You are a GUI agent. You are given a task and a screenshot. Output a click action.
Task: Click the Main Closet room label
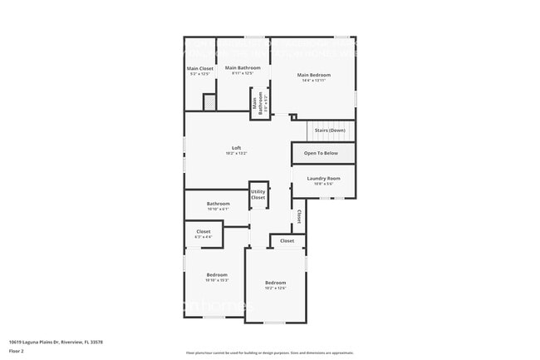(199, 68)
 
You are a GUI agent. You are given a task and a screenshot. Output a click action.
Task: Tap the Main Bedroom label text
(324, 74)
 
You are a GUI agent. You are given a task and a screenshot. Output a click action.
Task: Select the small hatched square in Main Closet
(210, 102)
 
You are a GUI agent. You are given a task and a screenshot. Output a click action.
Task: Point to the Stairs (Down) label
(330, 131)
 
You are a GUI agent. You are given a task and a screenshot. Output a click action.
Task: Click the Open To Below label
(321, 154)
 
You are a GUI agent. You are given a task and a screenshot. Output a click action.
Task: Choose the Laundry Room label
(323, 179)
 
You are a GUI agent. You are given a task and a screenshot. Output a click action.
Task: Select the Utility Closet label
(258, 195)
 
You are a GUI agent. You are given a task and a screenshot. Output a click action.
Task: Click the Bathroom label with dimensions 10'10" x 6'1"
(218, 204)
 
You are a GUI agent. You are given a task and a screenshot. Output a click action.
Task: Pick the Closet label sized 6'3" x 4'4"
(204, 232)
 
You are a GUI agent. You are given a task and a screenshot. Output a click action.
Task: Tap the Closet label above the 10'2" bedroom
(287, 241)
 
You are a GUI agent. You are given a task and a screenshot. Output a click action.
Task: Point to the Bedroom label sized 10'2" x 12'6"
(275, 284)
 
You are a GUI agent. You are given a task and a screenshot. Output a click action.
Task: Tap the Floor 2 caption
(17, 351)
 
